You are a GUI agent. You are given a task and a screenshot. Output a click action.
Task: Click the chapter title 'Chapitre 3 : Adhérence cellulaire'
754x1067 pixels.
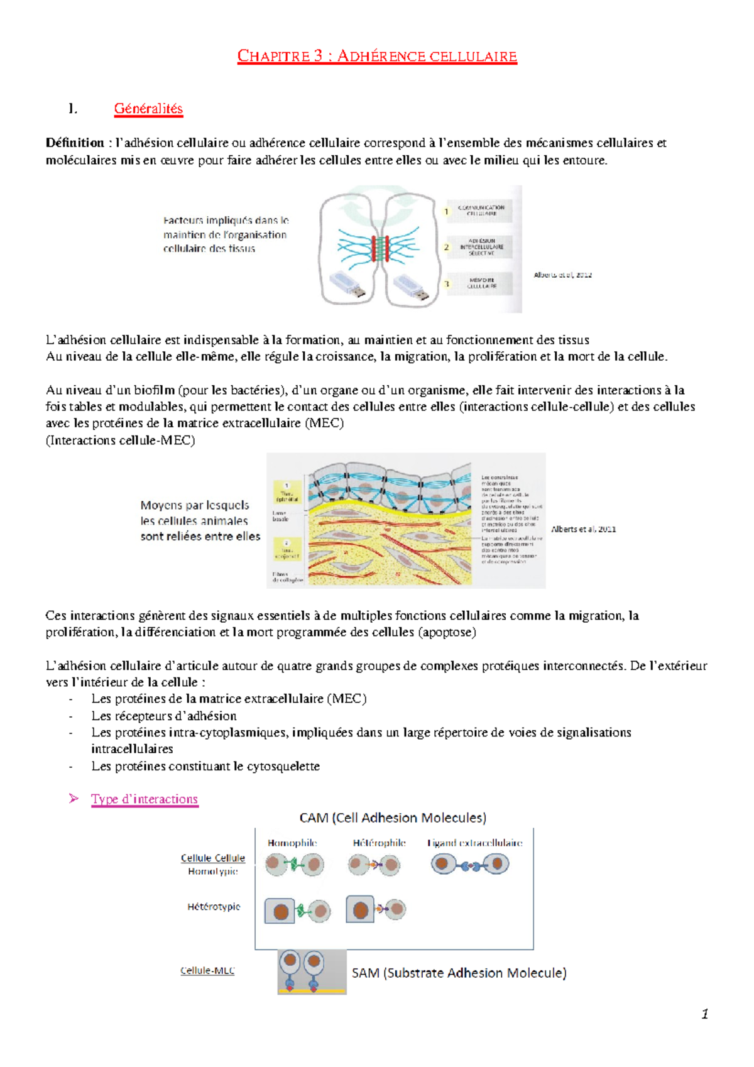pyautogui.click(x=377, y=57)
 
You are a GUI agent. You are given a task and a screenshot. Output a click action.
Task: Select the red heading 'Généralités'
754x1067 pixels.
pyautogui.click(x=148, y=109)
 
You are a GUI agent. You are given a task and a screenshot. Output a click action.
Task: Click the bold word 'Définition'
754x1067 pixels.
pyautogui.click(x=75, y=143)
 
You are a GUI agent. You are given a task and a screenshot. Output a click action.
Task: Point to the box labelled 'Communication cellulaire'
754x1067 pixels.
pyautogui.click(x=481, y=211)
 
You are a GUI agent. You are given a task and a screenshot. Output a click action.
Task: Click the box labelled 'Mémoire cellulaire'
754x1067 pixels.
pyautogui.click(x=481, y=283)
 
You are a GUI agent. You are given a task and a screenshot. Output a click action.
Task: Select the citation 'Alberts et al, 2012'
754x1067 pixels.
pyautogui.click(x=562, y=275)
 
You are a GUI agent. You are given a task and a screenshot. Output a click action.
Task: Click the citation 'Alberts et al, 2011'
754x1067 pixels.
pyautogui.click(x=583, y=529)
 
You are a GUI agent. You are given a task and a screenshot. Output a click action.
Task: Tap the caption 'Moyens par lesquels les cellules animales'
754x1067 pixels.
pyautogui.click(x=195, y=513)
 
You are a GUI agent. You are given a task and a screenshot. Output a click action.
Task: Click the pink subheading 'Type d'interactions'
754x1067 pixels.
pyautogui.click(x=145, y=799)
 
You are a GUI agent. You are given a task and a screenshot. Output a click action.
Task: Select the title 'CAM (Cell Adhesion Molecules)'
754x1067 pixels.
pyautogui.click(x=393, y=818)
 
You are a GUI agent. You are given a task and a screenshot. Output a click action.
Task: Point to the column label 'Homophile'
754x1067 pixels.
pyautogui.click(x=292, y=843)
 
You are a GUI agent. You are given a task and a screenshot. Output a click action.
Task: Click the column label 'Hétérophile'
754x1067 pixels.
pyautogui.click(x=379, y=843)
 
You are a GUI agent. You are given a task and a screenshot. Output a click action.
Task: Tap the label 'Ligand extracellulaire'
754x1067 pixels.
pyautogui.click(x=474, y=843)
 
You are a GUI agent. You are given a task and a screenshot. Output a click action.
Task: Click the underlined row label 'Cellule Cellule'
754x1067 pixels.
pyautogui.click(x=212, y=858)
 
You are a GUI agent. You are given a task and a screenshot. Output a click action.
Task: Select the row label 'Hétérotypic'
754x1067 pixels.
pyautogui.click(x=214, y=907)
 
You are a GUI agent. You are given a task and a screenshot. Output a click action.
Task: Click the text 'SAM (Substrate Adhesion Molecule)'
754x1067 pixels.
pyautogui.click(x=459, y=973)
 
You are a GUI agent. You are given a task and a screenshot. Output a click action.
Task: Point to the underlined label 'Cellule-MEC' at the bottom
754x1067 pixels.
pyautogui.click(x=207, y=971)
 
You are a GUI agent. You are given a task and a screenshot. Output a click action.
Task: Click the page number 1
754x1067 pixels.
pyautogui.click(x=704, y=1014)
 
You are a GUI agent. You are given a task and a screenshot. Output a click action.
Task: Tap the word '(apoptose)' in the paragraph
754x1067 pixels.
pyautogui.click(x=447, y=632)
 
